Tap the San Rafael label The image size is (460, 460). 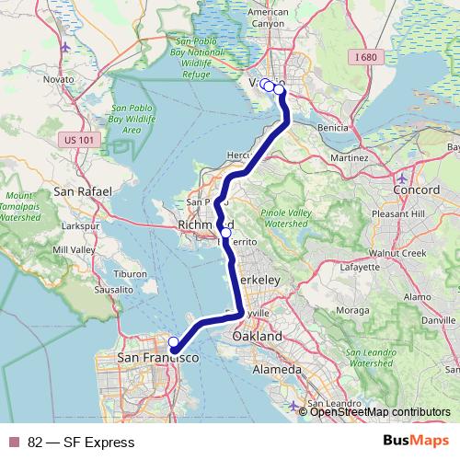click(x=82, y=191)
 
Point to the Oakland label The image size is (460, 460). click(x=258, y=337)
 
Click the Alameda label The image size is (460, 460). click(x=277, y=369)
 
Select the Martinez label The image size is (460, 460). click(x=350, y=157)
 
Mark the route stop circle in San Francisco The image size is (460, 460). click(x=173, y=342)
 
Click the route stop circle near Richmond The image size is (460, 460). click(x=225, y=233)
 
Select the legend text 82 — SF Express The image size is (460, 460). click(x=81, y=443)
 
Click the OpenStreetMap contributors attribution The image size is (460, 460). click(x=380, y=412)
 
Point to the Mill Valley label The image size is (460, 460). click(x=73, y=249)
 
